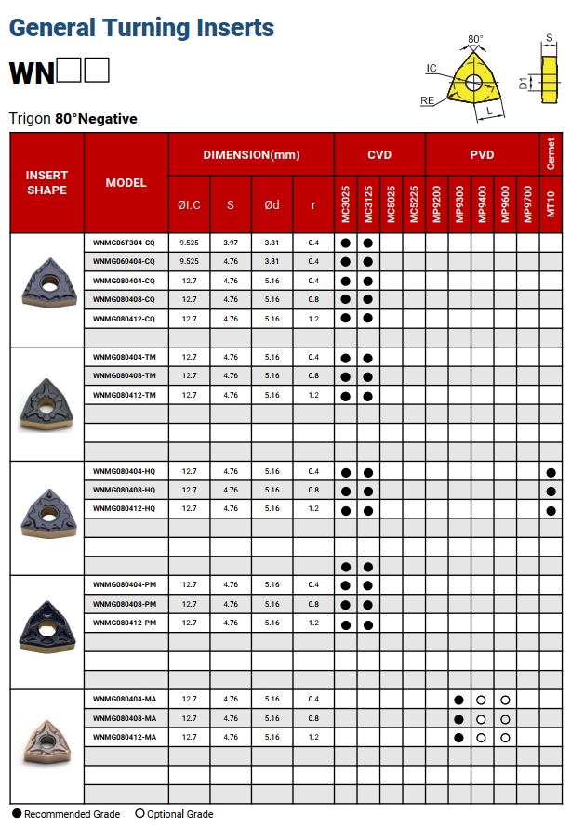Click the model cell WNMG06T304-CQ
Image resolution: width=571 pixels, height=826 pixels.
(124, 243)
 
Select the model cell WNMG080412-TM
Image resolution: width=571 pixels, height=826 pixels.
(124, 395)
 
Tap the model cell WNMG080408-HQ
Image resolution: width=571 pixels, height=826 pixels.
(124, 490)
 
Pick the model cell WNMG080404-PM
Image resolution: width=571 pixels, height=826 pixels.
(124, 584)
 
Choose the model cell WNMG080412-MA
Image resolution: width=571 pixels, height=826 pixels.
(124, 737)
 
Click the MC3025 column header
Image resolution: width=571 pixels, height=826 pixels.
(345, 203)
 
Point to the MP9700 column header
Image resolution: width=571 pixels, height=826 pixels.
(528, 203)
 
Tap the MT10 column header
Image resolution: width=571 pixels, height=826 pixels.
(551, 203)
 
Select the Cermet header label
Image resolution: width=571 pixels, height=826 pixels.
(551, 154)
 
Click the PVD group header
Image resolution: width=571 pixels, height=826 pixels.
(482, 154)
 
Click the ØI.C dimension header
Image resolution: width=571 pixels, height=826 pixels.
(190, 204)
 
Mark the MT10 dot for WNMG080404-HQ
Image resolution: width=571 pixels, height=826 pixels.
(551, 472)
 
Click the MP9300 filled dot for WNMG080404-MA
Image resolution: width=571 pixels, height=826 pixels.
(459, 700)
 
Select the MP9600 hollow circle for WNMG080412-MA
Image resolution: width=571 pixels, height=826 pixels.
(505, 738)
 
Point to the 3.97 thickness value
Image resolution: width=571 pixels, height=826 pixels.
(231, 243)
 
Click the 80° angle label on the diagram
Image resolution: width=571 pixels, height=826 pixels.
(475, 40)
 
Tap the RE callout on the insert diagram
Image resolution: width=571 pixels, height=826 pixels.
(427, 99)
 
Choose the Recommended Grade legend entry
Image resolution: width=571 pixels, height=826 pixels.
(65, 814)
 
